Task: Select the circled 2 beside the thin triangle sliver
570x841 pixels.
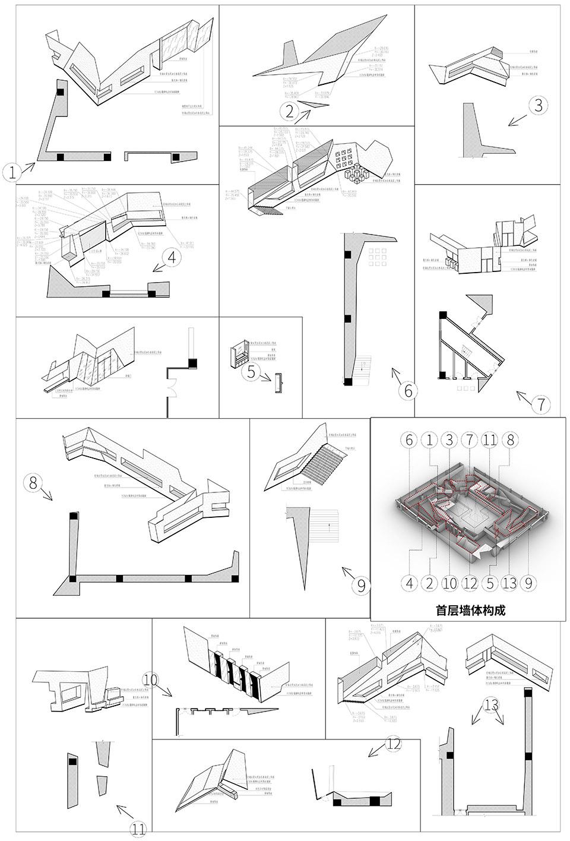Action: (289, 110)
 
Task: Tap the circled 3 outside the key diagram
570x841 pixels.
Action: (538, 106)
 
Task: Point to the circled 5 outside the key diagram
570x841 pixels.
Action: (251, 372)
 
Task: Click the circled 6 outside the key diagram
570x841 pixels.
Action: (407, 391)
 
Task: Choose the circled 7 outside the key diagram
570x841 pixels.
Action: (541, 405)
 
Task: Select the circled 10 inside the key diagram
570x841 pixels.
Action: (450, 583)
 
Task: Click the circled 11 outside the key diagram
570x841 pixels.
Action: (138, 830)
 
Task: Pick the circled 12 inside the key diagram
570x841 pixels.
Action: (470, 583)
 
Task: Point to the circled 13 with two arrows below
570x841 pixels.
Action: (491, 705)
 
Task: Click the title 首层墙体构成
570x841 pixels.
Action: (470, 610)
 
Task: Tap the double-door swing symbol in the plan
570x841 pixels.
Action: (172, 390)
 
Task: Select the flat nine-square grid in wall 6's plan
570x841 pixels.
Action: (378, 258)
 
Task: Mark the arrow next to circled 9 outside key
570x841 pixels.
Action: (348, 574)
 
